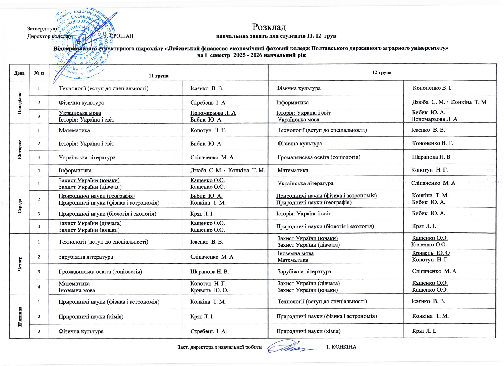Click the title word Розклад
click(x=269, y=27)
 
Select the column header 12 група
click(x=382, y=73)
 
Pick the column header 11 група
click(x=159, y=76)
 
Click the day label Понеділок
click(x=20, y=103)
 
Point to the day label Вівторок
click(x=20, y=150)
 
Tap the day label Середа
click(x=20, y=205)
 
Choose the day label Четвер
click(x=20, y=264)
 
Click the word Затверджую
click(x=42, y=29)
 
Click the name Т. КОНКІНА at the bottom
click(x=341, y=347)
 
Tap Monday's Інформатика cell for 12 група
click(x=292, y=103)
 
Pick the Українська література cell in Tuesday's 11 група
click(x=87, y=157)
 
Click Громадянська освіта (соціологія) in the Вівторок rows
click(x=319, y=157)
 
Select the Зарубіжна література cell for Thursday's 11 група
click(x=86, y=257)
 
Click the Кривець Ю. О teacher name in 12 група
click(x=431, y=253)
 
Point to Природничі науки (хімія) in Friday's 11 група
click(x=91, y=317)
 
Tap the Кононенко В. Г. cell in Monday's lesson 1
click(x=433, y=88)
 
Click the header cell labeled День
click(x=20, y=73)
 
